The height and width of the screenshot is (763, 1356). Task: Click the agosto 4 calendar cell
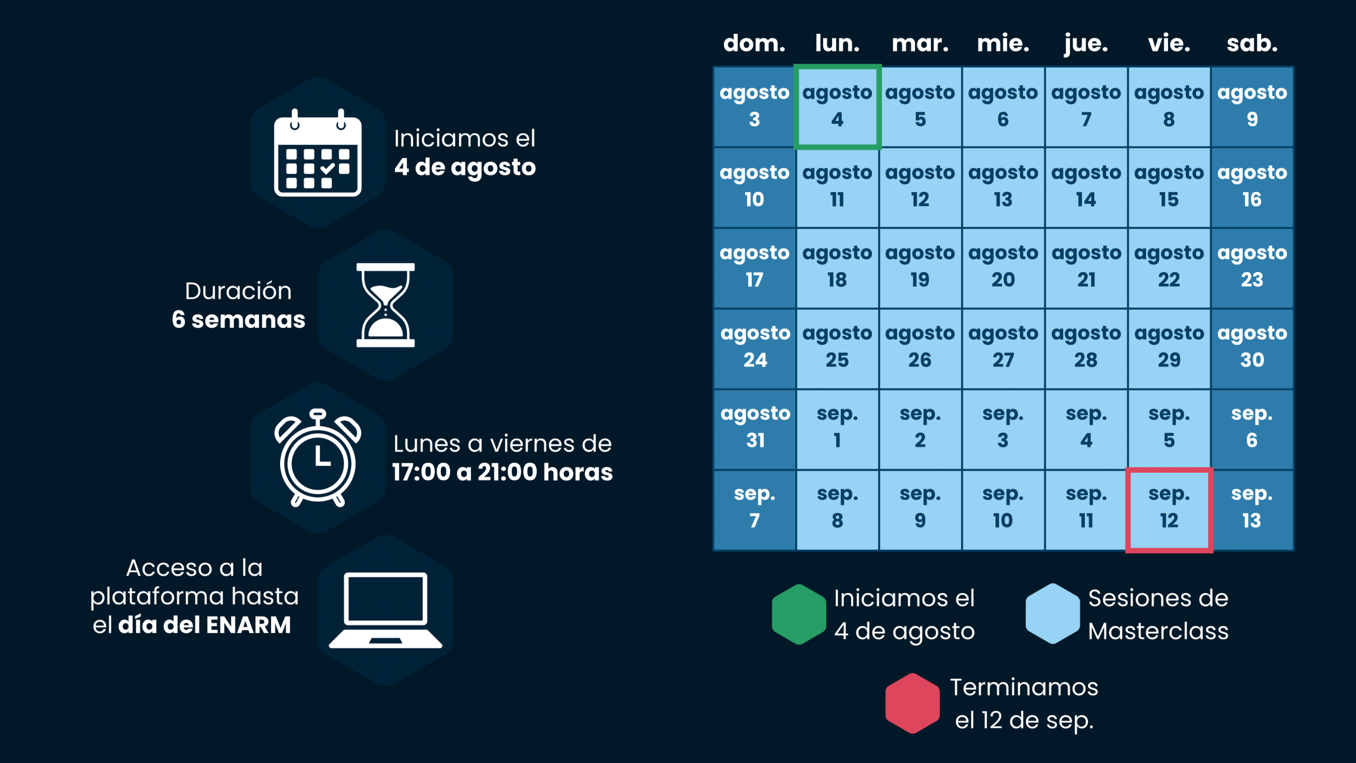[x=837, y=107]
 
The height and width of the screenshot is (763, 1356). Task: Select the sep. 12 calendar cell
[x=1169, y=510]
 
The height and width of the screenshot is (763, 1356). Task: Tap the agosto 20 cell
[x=1003, y=268]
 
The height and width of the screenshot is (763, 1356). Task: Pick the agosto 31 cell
[x=755, y=428]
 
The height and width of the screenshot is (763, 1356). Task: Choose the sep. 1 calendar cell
[x=837, y=428]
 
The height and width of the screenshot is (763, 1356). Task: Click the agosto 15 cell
[x=1169, y=187]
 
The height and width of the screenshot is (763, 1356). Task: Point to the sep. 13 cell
[x=1252, y=510]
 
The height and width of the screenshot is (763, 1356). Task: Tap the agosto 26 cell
[x=920, y=348]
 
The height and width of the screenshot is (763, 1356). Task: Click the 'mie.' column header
[x=1003, y=43]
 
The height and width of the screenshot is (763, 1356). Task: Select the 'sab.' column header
[x=1252, y=43]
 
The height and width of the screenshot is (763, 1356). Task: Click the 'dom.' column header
[x=754, y=43]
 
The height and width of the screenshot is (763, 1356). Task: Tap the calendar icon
[x=317, y=154]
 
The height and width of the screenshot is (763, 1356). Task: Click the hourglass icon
[x=385, y=305]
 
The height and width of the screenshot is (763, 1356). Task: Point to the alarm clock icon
[x=317, y=458]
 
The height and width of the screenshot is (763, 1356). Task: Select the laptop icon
[x=385, y=610]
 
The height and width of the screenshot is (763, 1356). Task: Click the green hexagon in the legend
[x=799, y=615]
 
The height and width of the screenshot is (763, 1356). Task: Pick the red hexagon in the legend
[x=912, y=704]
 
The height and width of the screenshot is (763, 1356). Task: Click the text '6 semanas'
[x=238, y=320]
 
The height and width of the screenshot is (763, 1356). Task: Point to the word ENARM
[x=248, y=625]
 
